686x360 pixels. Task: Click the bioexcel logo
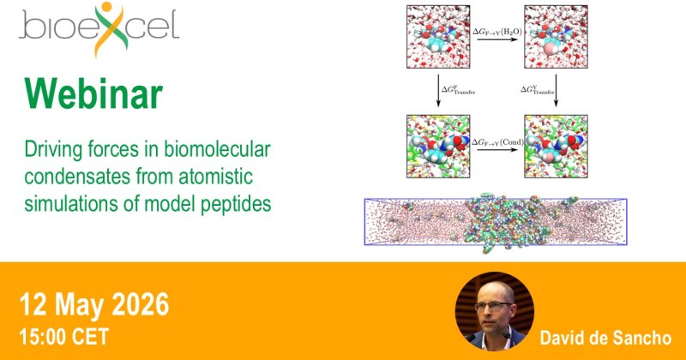pos(99,28)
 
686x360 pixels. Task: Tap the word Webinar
pos(93,94)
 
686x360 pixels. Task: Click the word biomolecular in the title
pos(217,150)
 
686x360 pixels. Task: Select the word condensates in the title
pos(77,177)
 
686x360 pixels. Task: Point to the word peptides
pos(236,204)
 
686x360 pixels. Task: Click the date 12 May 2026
pos(94,304)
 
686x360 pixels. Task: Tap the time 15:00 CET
pos(63,337)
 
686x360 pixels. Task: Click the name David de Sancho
pos(605,338)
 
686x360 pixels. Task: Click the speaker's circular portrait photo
pos(494,311)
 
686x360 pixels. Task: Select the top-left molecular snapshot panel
pos(438,37)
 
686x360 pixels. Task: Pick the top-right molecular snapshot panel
pos(556,37)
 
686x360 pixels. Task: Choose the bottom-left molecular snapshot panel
pos(438,146)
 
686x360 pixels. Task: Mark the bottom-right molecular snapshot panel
pos(556,146)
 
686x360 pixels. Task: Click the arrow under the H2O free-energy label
pos(497,39)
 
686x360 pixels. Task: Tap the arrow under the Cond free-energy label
pos(497,150)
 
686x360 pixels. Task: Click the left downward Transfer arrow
pos(438,91)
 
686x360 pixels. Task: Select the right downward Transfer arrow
pos(556,91)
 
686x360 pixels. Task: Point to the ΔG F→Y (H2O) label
pos(497,32)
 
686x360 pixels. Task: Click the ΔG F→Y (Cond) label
pos(497,142)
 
